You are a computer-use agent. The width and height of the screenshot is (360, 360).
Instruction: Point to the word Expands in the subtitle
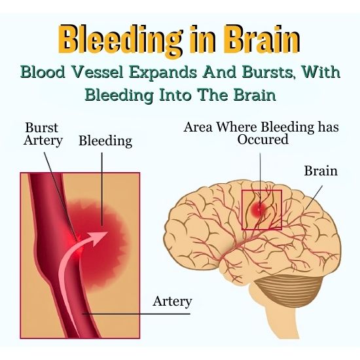(x=162, y=73)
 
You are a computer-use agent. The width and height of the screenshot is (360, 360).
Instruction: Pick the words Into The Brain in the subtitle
(x=217, y=95)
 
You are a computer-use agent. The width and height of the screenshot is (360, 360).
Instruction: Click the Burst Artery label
(x=43, y=134)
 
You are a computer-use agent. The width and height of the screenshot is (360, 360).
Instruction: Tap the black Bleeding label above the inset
(x=105, y=141)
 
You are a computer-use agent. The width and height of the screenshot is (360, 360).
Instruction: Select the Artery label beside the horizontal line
(x=172, y=302)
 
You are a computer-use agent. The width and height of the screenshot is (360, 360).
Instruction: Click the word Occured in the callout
(x=262, y=139)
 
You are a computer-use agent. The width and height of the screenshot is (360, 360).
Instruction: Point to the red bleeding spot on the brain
(x=259, y=209)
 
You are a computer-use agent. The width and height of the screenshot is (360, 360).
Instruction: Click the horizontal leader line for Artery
(x=136, y=314)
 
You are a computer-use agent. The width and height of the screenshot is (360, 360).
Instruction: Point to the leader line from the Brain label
(x=314, y=198)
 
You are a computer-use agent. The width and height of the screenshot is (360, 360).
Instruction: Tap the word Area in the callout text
(x=198, y=127)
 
